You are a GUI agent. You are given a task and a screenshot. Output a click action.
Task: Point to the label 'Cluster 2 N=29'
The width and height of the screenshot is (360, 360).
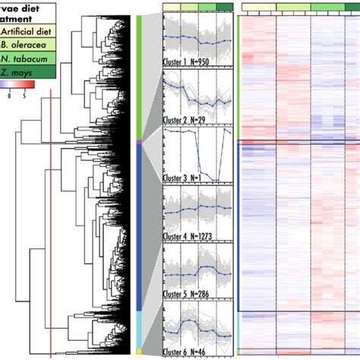pyautogui.click(x=188, y=120)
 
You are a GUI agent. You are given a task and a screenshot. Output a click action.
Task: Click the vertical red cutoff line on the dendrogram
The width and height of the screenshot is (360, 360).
pyautogui.click(x=50, y=228)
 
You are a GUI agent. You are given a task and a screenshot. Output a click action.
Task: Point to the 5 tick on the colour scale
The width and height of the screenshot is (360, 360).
pyautogui.click(x=24, y=96)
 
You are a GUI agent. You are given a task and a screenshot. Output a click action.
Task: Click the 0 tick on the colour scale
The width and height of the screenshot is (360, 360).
pyautogui.click(x=8, y=96)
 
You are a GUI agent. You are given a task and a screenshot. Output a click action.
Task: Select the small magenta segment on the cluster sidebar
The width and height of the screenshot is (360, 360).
pyautogui.click(x=139, y=141)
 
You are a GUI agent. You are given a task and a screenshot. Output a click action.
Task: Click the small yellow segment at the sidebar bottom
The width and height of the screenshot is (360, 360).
pyautogui.click(x=139, y=351)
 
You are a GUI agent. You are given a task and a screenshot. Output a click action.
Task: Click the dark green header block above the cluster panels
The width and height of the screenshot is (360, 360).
pyautogui.click(x=225, y=6)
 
